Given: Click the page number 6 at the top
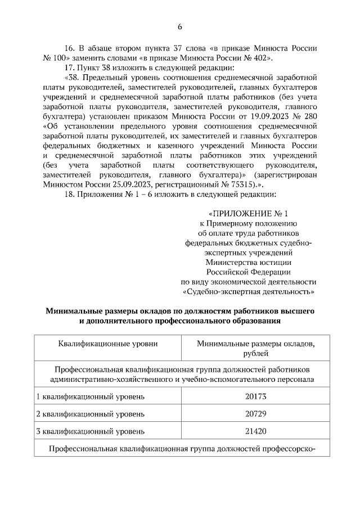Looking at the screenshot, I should click(x=180, y=26).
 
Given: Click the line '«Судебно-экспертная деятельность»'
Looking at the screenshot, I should click(x=248, y=292).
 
